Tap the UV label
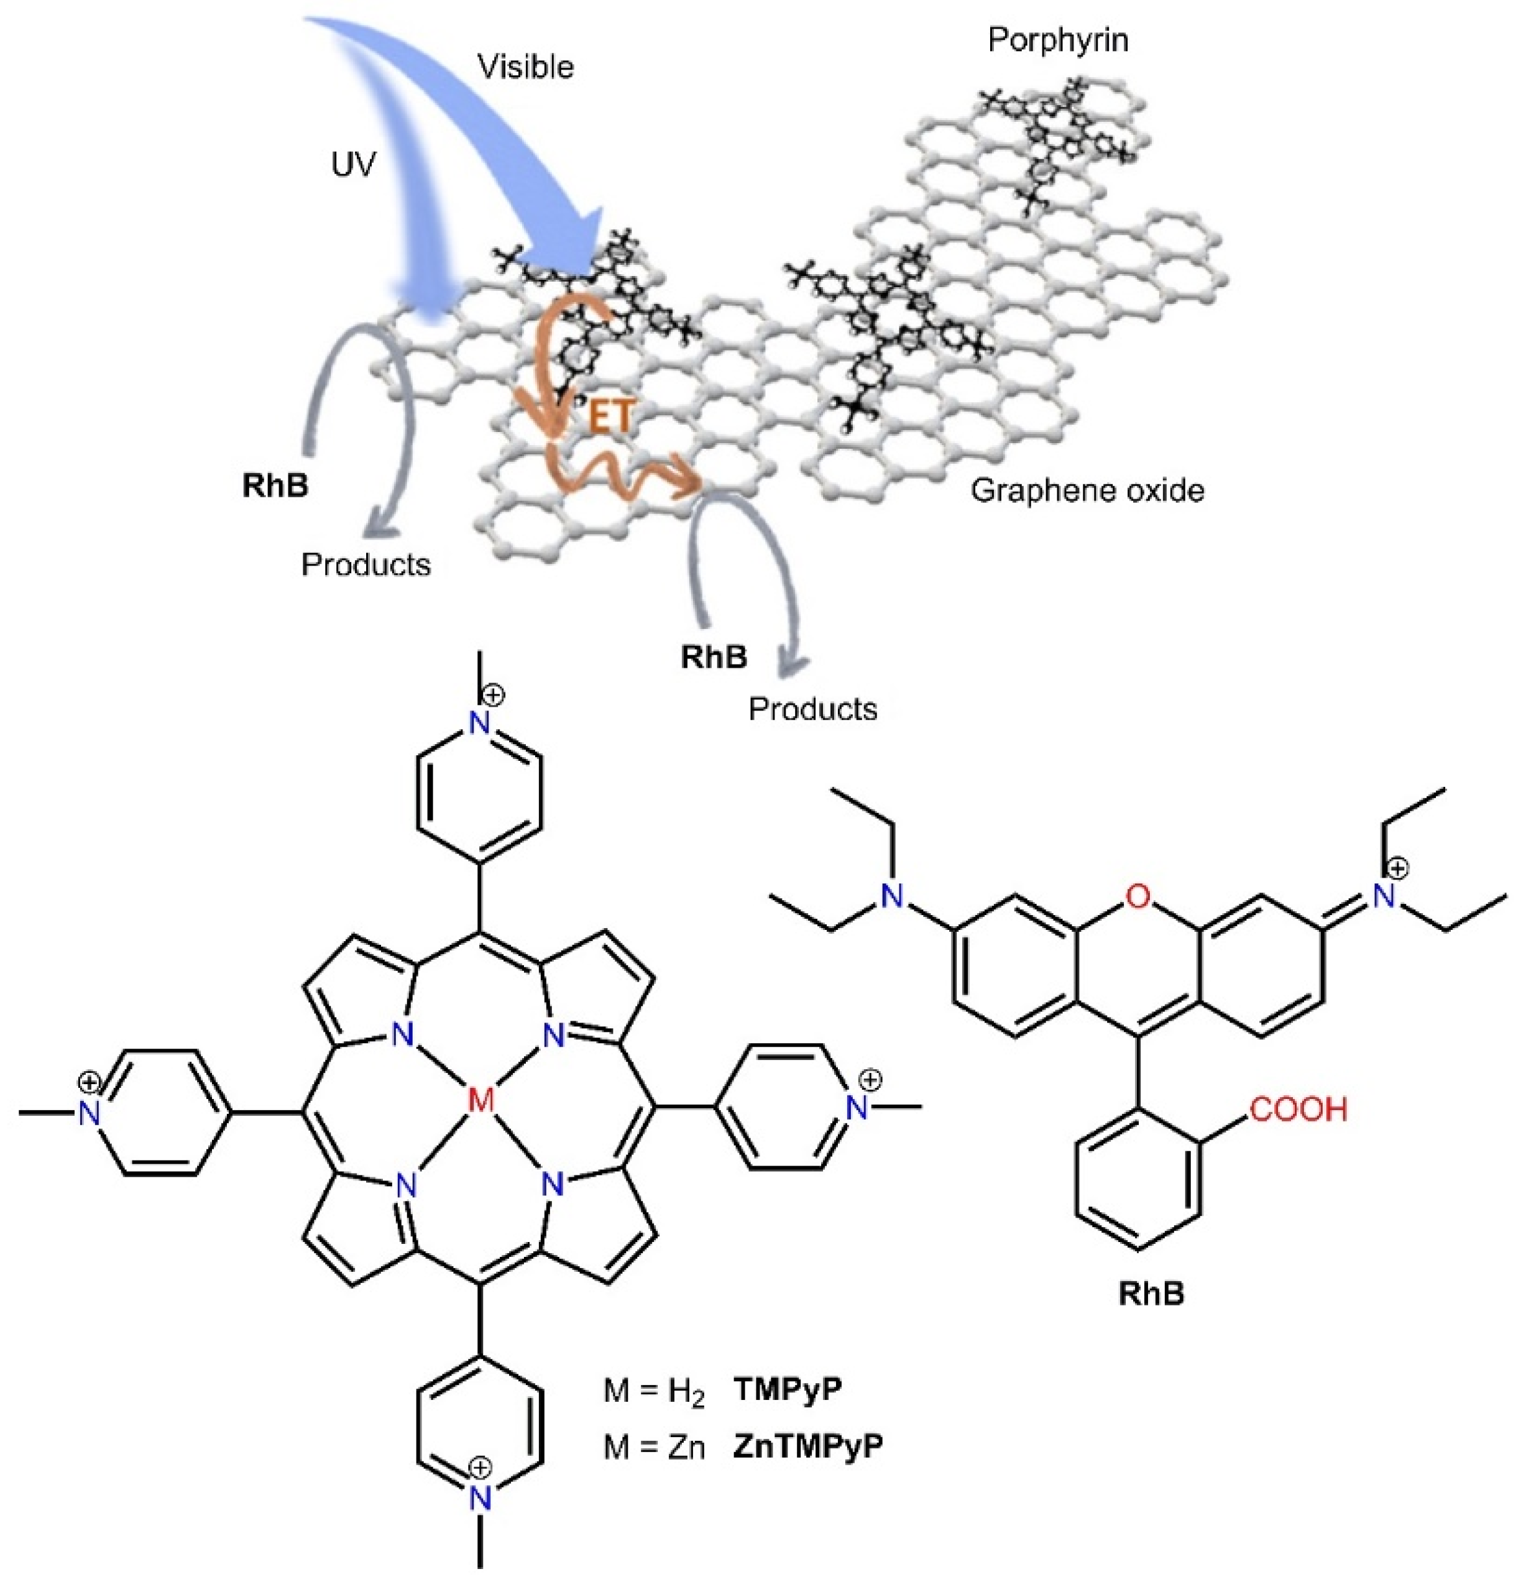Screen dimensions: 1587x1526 click(x=354, y=164)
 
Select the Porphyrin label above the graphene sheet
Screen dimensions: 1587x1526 click(x=1057, y=40)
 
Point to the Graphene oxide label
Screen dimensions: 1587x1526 click(x=1087, y=490)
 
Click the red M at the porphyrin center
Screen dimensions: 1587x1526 click(x=481, y=1100)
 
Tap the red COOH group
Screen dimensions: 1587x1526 click(x=1298, y=1108)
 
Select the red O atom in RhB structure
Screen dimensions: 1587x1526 click(x=1138, y=896)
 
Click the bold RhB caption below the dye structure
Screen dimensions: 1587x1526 click(x=1151, y=1293)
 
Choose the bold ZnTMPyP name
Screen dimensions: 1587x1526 click(x=807, y=1445)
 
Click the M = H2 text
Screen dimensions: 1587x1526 click(x=654, y=1391)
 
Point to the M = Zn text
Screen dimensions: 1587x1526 click(x=654, y=1446)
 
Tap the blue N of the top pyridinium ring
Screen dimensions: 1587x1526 click(x=480, y=723)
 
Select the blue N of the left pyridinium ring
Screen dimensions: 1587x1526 click(x=89, y=1113)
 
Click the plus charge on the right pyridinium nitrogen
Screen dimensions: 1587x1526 click(x=870, y=1079)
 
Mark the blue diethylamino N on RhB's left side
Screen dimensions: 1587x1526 click(x=891, y=896)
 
